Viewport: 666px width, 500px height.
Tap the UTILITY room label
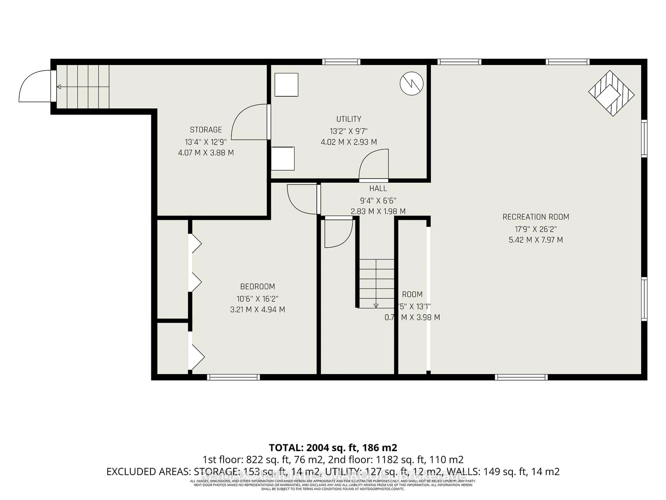(x=349, y=119)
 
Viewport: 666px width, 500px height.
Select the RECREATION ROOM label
(x=536, y=217)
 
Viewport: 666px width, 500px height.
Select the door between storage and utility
(x=250, y=122)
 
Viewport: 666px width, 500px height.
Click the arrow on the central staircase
(x=376, y=306)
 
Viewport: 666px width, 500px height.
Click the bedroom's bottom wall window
(x=233, y=377)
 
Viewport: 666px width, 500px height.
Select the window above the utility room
(x=341, y=62)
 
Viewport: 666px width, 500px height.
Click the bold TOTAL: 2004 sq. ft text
(x=333, y=448)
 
